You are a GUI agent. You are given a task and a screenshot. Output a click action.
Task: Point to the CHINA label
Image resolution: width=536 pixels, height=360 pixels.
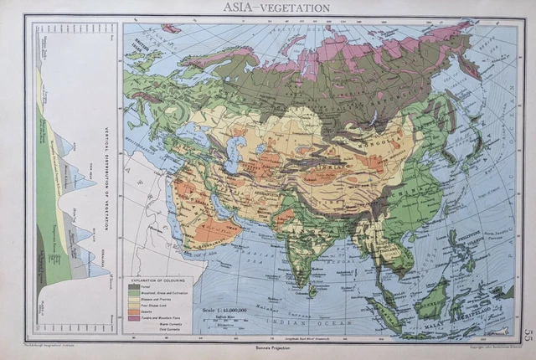click(x=394, y=201)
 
